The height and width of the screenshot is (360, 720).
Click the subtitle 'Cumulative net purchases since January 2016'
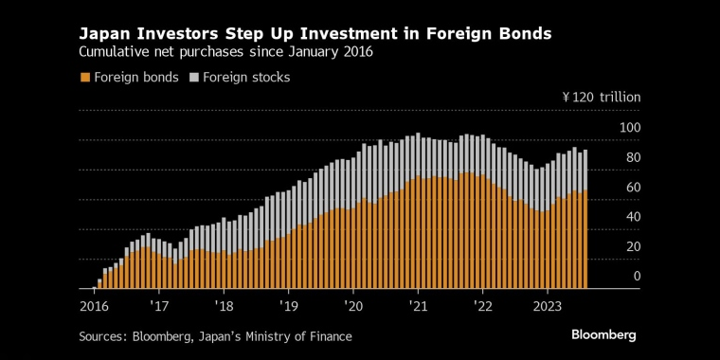pyautogui.click(x=225, y=53)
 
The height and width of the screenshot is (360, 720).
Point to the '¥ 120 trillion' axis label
pyautogui.click(x=602, y=98)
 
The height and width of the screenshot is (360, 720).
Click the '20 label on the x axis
pyautogui.click(x=353, y=306)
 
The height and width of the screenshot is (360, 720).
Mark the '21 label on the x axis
pyautogui.click(x=418, y=306)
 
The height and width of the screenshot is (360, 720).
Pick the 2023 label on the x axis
pyautogui.click(x=548, y=306)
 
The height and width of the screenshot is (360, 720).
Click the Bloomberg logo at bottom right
pyautogui.click(x=603, y=335)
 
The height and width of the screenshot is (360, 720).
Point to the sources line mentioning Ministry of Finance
pyautogui.click(x=217, y=336)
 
